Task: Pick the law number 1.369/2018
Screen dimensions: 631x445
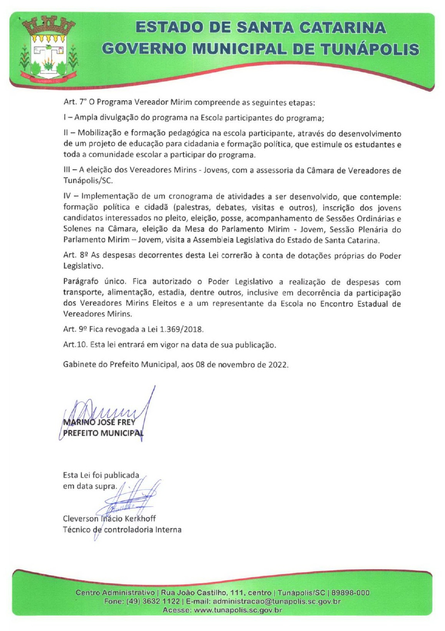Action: click(159, 330)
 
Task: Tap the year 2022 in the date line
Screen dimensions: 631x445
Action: click(279, 365)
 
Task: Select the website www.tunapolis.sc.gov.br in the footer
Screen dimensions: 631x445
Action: click(239, 610)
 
